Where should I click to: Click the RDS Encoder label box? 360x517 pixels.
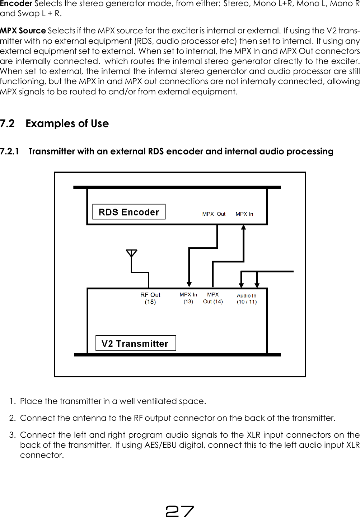129,212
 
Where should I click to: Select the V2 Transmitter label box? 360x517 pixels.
135,343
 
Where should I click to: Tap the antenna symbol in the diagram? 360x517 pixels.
132,253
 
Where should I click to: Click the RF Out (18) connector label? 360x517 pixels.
150,298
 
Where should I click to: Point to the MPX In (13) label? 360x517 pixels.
188,298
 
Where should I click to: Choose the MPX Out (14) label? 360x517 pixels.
213,298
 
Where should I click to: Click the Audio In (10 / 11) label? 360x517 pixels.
247,298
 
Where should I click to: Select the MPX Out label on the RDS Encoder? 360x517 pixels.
214,214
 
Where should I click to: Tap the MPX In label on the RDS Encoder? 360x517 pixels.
244,214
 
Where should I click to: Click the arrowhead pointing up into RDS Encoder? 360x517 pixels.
243,227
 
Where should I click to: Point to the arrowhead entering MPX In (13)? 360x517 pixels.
189,285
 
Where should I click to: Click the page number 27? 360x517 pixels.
179,511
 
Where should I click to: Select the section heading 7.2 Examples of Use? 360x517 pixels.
55,124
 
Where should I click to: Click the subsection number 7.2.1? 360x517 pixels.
10,152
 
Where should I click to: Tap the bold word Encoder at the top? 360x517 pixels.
16,4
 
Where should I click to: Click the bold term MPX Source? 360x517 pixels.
23,31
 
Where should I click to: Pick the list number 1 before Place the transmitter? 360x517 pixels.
13,401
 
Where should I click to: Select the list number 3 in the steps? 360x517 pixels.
13,435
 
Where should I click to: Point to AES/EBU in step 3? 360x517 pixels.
161,445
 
